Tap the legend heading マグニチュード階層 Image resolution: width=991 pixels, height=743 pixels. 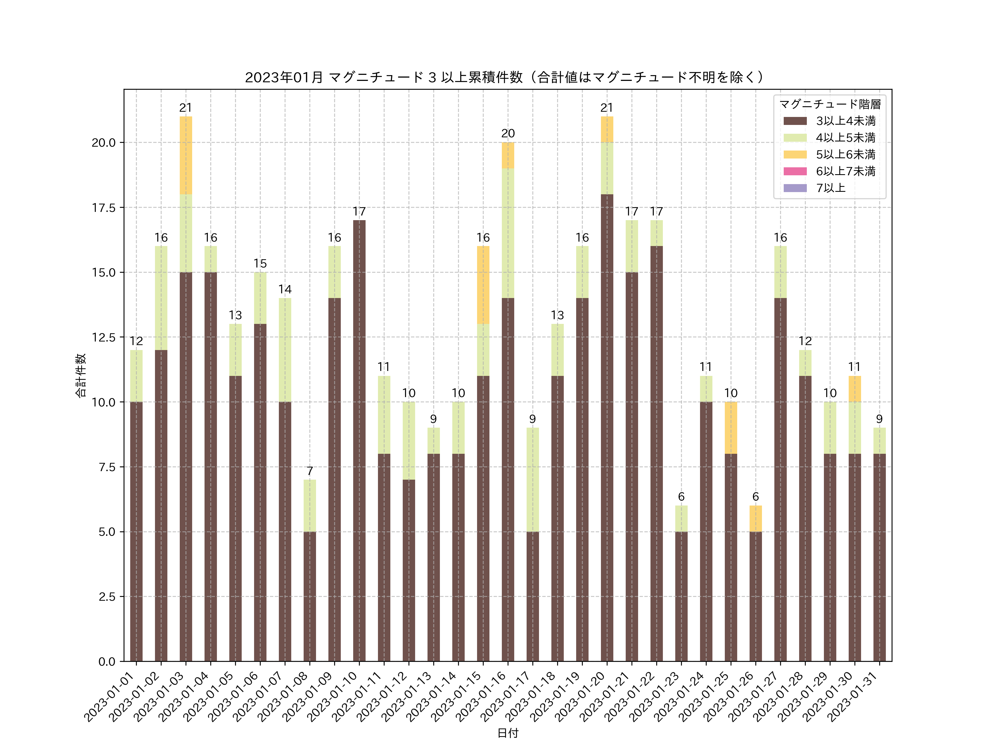click(830, 104)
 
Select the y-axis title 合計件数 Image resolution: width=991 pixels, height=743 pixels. click(81, 375)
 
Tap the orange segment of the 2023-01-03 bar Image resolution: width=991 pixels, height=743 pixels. click(186, 155)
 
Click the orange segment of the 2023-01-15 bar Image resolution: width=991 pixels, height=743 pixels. click(483, 285)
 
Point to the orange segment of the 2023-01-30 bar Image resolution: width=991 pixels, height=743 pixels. click(854, 389)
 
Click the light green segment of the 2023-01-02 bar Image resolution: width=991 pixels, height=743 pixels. click(161, 298)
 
